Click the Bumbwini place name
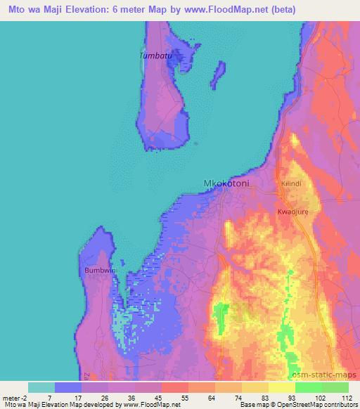coord(99,270)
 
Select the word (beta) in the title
coord(279,10)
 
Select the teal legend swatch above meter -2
coord(41,387)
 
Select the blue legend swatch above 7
coord(67,387)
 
